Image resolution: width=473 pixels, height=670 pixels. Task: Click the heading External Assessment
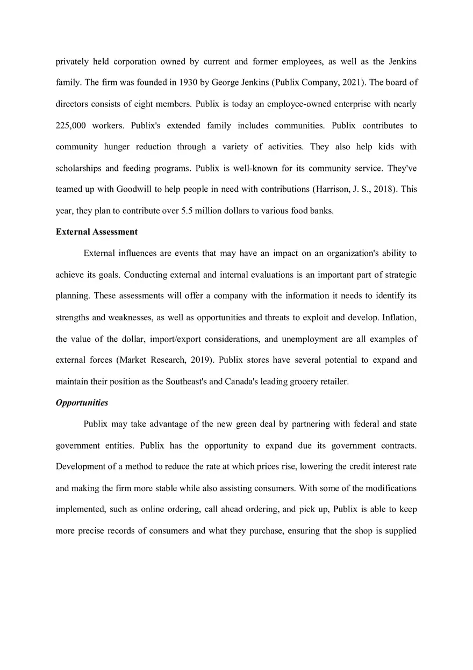click(97, 232)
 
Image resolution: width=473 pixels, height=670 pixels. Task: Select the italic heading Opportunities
click(82, 403)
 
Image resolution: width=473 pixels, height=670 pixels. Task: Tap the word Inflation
click(399, 318)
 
